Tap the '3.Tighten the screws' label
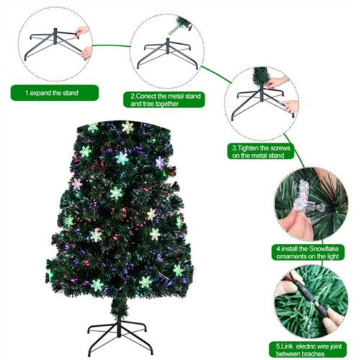258,150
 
